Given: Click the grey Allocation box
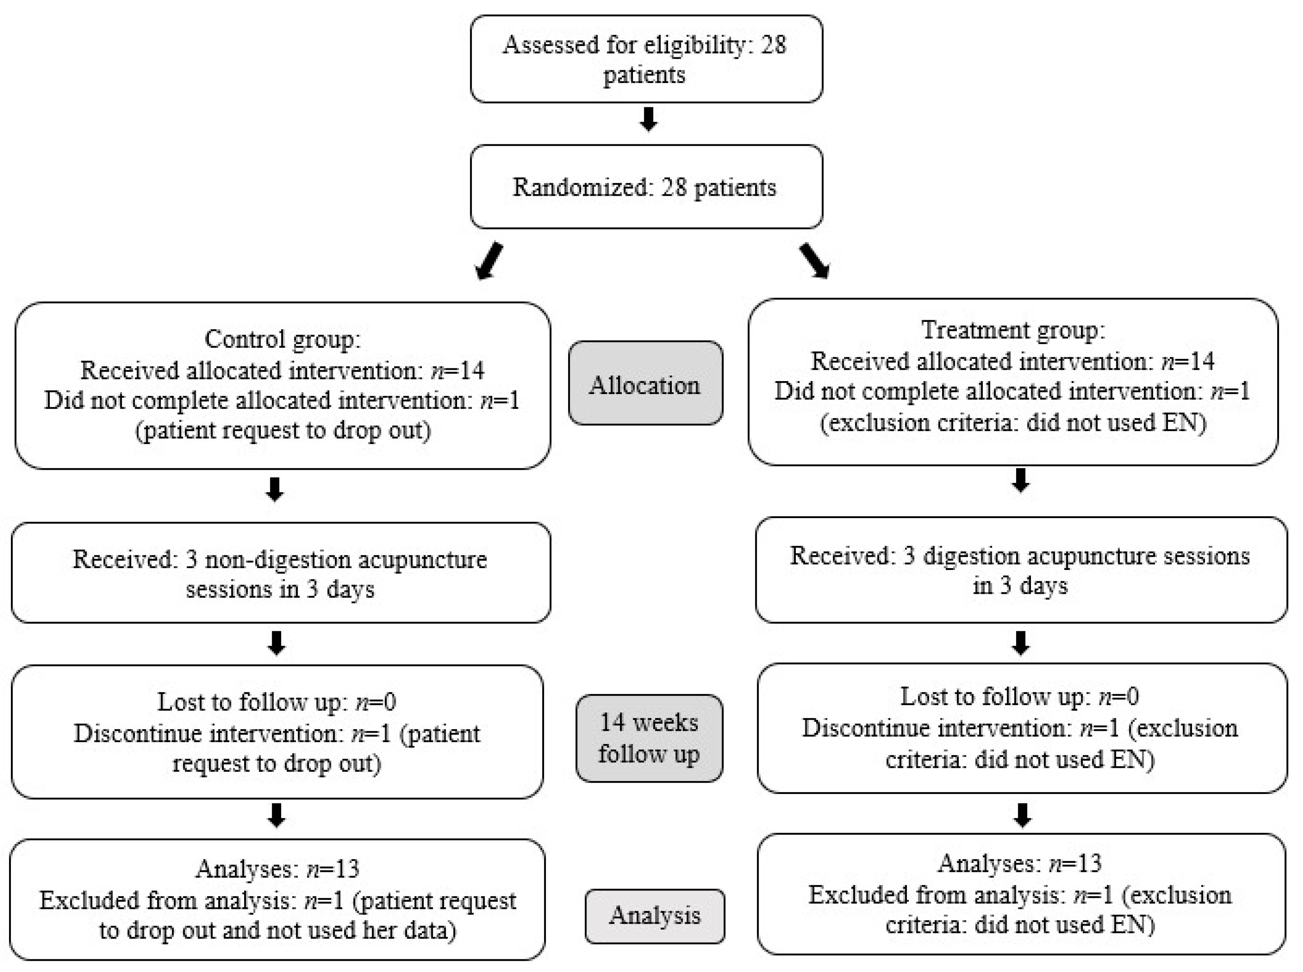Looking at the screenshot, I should coord(645,383).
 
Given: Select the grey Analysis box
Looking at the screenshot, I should coord(654,915).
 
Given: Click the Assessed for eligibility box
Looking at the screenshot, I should coord(646,59).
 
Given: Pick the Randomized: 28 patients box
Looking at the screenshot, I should coord(646,187).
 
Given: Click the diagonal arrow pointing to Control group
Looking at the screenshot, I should coord(489,261).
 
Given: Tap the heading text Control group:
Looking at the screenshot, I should coord(283,339).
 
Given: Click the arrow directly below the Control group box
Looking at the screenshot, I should coord(275,489).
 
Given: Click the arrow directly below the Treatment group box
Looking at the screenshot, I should coord(1020,480).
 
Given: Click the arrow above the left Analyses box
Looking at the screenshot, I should coord(276,815).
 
